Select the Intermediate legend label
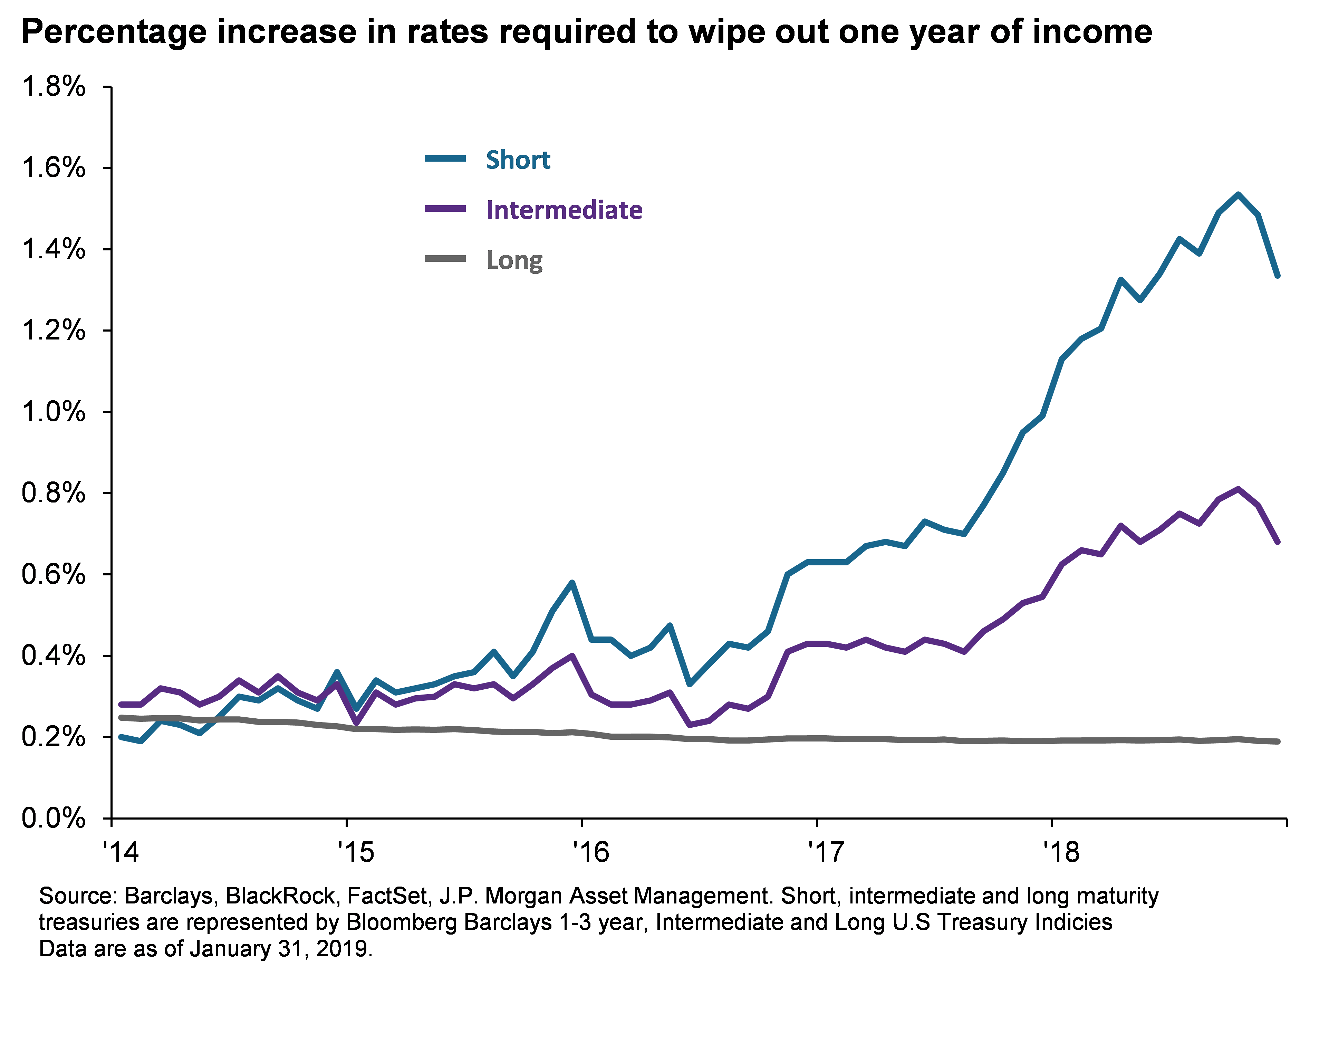point(564,210)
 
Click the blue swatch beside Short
point(445,159)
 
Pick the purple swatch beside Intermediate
point(445,209)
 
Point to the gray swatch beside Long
point(445,259)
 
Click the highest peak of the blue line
point(1238,195)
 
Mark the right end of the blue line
point(1278,275)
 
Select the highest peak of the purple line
point(1238,489)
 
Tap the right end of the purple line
point(1278,542)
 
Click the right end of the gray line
point(1278,741)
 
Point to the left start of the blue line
point(121,737)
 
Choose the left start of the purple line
point(121,705)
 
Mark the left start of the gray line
point(121,718)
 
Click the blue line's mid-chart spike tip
point(572,583)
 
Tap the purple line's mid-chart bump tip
point(572,656)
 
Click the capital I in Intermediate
point(490,210)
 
